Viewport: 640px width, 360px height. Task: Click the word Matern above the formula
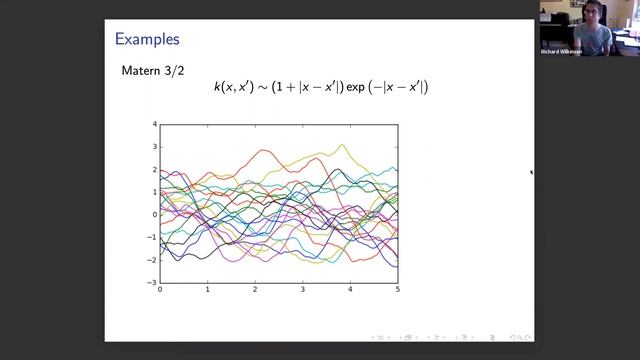[x=140, y=71]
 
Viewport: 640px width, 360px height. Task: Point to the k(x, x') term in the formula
[x=233, y=87]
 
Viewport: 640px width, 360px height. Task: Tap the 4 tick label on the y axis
[x=155, y=124]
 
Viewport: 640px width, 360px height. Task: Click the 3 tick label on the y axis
[x=155, y=147]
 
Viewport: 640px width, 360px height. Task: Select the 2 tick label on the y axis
[x=155, y=169]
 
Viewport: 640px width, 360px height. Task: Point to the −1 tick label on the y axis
[x=153, y=237]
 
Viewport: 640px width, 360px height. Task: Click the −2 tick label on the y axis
[x=153, y=260]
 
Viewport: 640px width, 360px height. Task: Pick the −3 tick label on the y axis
[x=153, y=282]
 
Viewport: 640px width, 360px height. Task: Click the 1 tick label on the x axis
[x=208, y=290]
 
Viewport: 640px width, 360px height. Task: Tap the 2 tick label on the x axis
[x=255, y=290]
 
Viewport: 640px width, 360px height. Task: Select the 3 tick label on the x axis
[x=303, y=290]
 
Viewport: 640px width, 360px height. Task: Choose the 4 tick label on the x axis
[x=350, y=290]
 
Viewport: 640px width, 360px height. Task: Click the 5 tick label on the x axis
[x=397, y=290]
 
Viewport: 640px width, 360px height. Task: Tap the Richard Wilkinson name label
[x=561, y=51]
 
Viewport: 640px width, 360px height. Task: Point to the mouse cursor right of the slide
[x=531, y=172]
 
